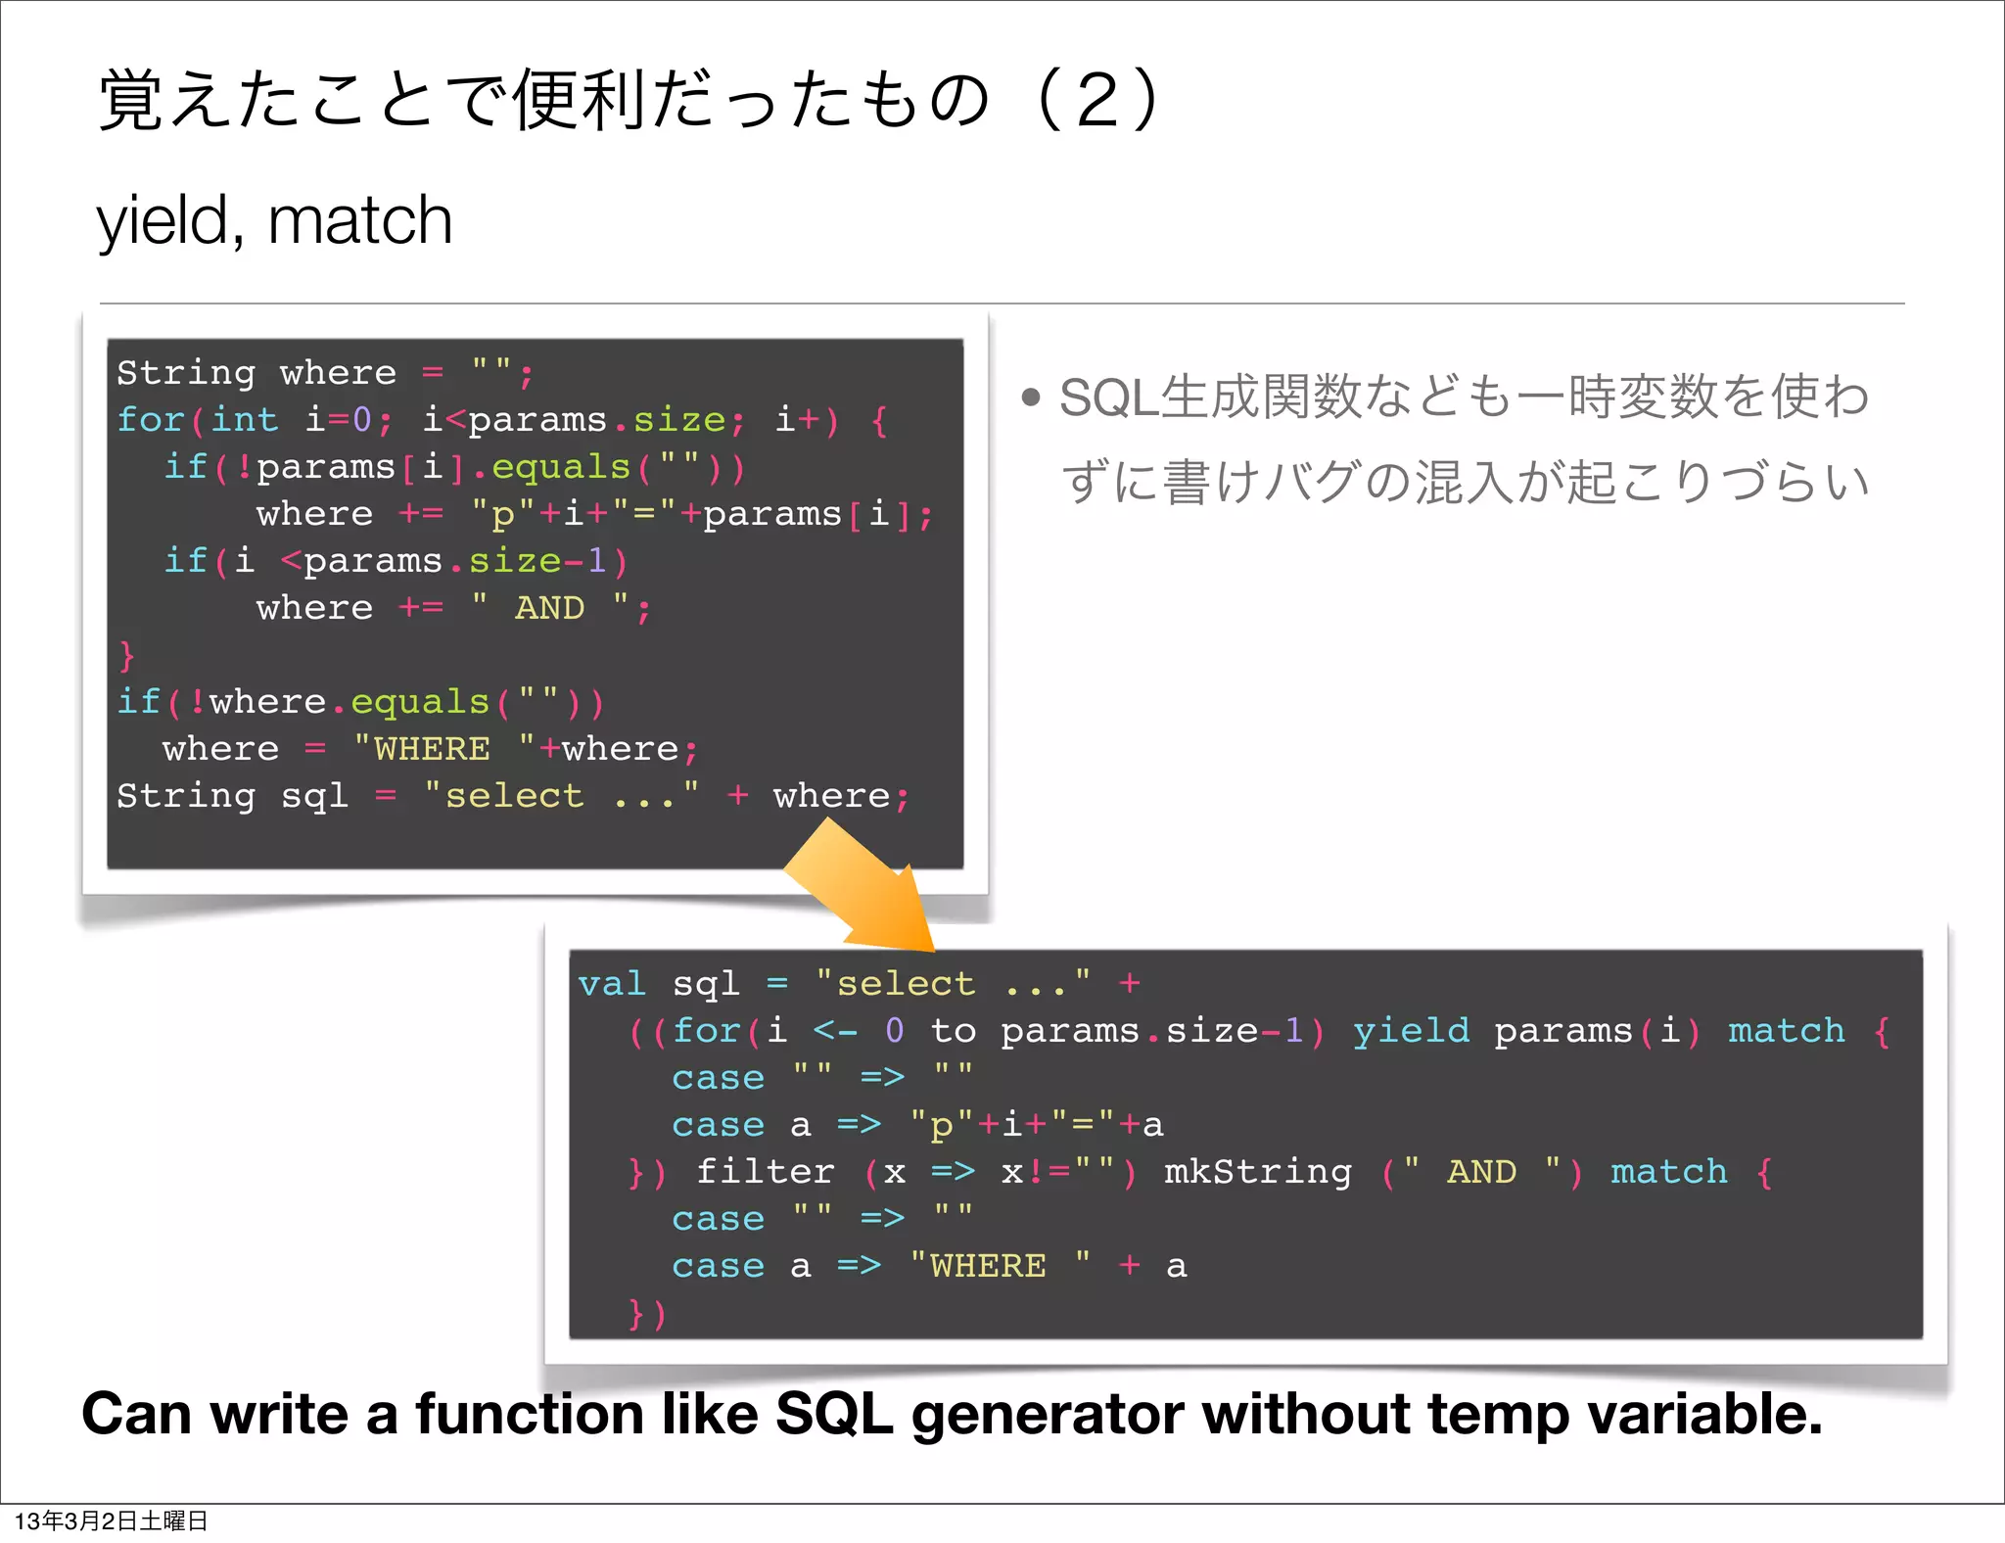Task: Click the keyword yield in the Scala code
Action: click(1411, 1030)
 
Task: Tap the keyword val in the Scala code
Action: click(612, 983)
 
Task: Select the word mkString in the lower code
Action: click(1258, 1171)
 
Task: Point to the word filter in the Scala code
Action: click(765, 1171)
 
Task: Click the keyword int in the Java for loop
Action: click(245, 419)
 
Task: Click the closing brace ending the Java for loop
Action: click(126, 654)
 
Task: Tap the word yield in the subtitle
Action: click(163, 221)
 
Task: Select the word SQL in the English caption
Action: click(834, 1414)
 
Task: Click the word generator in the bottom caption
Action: click(1048, 1416)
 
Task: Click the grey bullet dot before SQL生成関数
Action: click(1030, 397)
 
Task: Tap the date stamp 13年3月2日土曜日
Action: click(111, 1520)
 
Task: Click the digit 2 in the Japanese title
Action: click(1097, 100)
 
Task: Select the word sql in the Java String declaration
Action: click(314, 795)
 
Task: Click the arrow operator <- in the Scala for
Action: click(835, 1030)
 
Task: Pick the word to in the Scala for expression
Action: click(953, 1030)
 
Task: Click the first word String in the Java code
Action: click(186, 372)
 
